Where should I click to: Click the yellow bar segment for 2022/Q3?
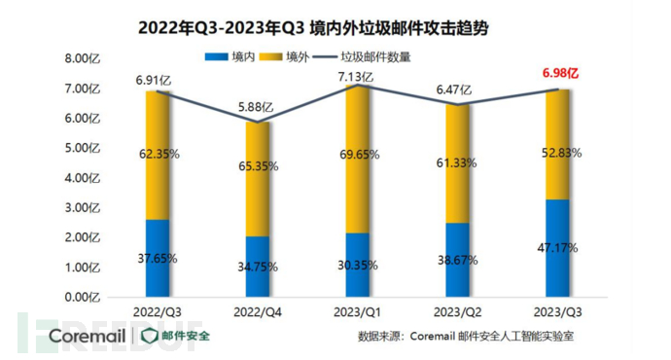[158, 156]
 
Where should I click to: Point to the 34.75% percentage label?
[258, 266]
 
